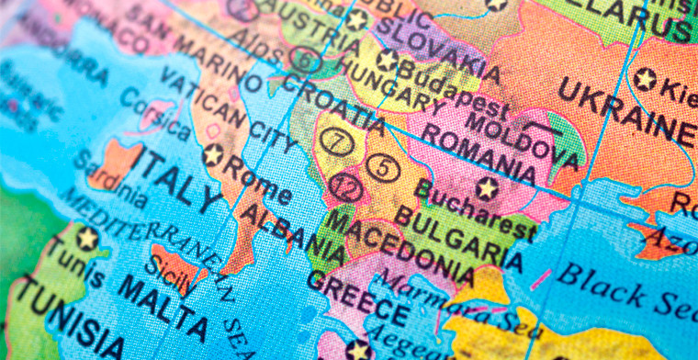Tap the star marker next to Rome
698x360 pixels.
[x=213, y=154]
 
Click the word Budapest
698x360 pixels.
[x=440, y=87]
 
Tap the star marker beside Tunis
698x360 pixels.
[x=87, y=239]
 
